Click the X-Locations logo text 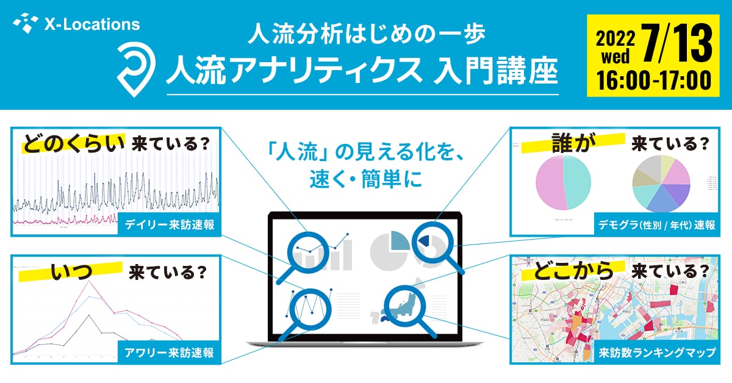tap(91, 25)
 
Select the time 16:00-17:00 tap(648, 80)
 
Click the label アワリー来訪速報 tap(169, 353)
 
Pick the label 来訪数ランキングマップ tap(656, 353)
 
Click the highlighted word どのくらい tap(74, 144)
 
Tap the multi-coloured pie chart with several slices tap(661, 183)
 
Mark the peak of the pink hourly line tap(90, 282)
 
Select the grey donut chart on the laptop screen tap(390, 250)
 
